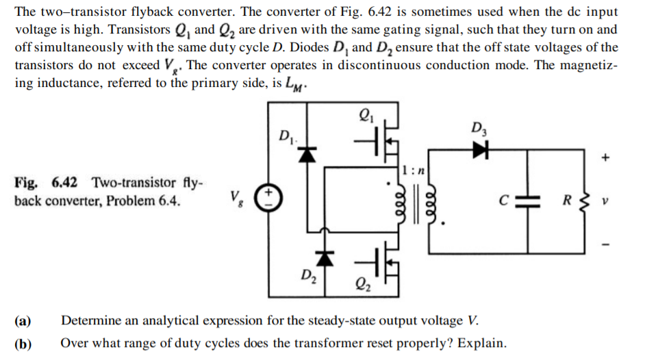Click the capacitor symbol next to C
528,203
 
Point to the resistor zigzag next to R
584,203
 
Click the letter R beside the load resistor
566,203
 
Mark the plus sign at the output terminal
605,157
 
